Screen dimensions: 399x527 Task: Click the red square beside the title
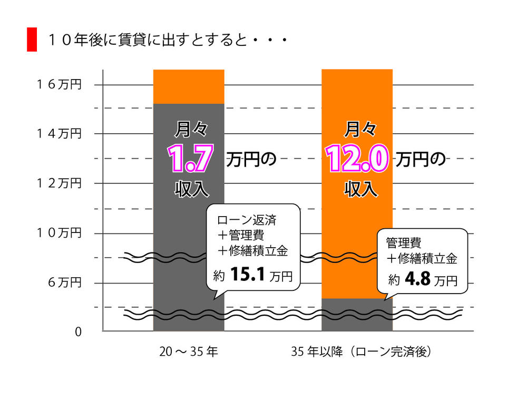click(x=32, y=40)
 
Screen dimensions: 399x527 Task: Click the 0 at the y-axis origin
click(x=78, y=332)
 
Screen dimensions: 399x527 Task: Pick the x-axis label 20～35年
click(x=189, y=352)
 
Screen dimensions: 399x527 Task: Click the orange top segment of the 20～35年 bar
click(x=189, y=87)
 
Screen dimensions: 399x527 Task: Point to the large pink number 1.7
click(x=190, y=158)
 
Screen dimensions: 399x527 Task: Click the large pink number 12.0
click(x=357, y=158)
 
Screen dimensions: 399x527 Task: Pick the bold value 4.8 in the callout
click(x=418, y=279)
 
